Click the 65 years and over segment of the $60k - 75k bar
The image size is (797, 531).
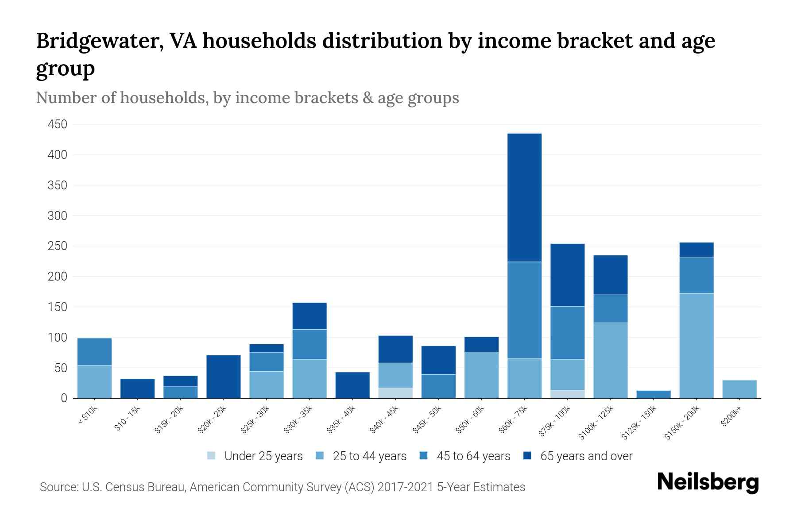pos(524,197)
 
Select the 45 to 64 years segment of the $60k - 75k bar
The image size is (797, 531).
pos(524,310)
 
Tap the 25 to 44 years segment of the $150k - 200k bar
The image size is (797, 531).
pos(696,346)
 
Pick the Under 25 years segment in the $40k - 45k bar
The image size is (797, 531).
pos(395,393)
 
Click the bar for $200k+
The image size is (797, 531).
pos(739,389)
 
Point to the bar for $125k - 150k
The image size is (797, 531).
pos(654,394)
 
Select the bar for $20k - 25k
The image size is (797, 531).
pos(224,377)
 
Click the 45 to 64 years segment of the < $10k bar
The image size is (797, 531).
pos(94,351)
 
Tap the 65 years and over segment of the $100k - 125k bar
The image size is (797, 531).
pos(611,275)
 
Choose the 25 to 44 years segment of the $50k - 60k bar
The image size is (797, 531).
pos(481,375)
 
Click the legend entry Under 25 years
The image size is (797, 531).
pos(263,456)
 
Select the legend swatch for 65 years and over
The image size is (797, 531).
pos(527,456)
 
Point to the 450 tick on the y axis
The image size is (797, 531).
pos(58,124)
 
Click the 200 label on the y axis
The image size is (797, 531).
pos(58,277)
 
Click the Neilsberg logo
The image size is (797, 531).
pos(708,482)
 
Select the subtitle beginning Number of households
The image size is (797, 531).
pos(247,98)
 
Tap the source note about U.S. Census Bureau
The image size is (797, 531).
pos(282,487)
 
